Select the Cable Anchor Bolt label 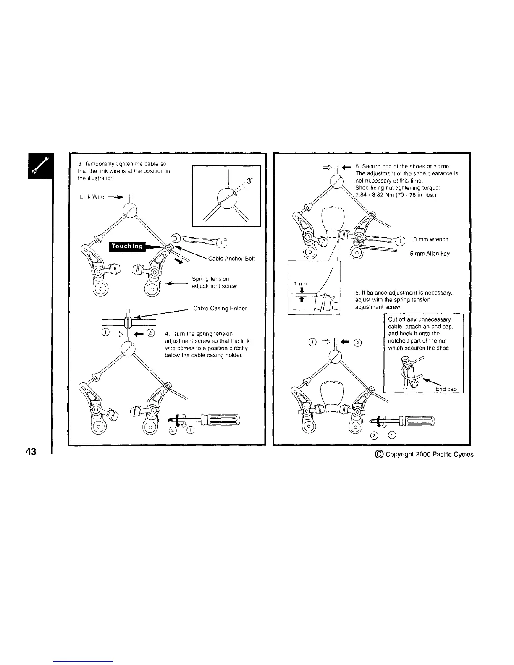pos(231,258)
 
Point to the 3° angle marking pos(249,181)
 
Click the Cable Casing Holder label pos(220,309)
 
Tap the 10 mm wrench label pos(429,239)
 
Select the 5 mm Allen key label pos(430,254)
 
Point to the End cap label pos(446,389)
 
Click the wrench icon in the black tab pos(41,165)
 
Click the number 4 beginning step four pos(167,334)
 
